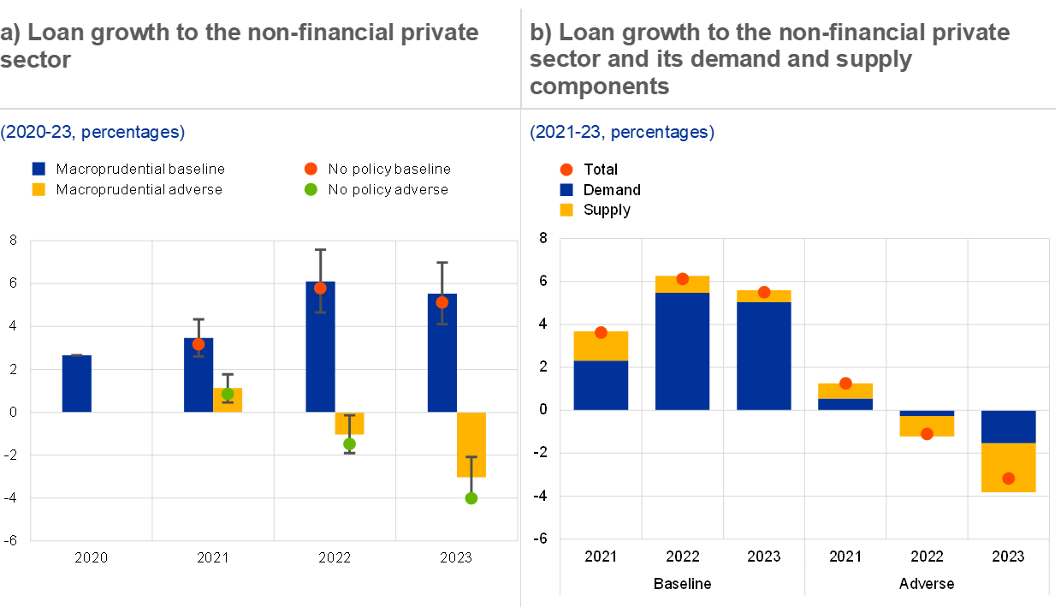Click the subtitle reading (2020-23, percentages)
point(92,133)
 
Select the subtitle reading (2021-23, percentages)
point(622,133)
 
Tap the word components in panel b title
point(599,86)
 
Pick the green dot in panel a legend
point(311,189)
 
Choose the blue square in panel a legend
point(39,169)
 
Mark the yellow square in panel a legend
point(39,189)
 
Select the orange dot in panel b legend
point(566,170)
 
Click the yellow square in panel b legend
point(566,210)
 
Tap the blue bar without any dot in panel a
point(76,384)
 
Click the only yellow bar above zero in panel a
point(228,401)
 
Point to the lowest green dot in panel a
point(471,498)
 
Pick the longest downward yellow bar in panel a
point(471,443)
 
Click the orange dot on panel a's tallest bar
point(320,288)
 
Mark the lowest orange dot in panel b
point(1009,479)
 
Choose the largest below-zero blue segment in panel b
point(1009,426)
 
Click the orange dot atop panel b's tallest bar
point(683,278)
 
